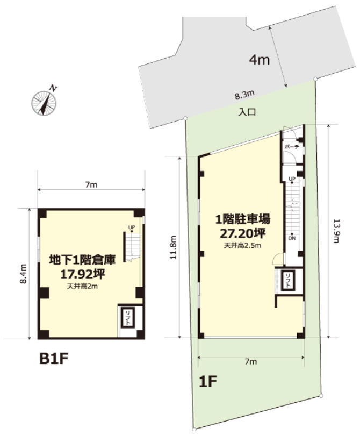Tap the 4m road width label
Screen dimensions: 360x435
(x=260, y=59)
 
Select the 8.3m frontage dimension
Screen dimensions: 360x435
(x=244, y=95)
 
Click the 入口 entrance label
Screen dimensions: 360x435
(x=247, y=112)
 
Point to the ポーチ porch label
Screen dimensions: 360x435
(x=292, y=146)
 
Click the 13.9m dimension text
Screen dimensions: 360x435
(x=336, y=231)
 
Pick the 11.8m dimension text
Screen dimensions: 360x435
(x=173, y=247)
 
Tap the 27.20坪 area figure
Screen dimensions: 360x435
(x=243, y=233)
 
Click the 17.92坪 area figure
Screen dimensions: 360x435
(x=83, y=274)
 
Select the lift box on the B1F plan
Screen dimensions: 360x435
(x=128, y=318)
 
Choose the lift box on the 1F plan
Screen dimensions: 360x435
(x=288, y=281)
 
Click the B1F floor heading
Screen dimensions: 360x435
(x=54, y=359)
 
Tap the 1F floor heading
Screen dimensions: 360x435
(x=208, y=381)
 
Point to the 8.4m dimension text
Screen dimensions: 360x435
(x=23, y=274)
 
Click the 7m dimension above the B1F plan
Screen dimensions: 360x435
(x=91, y=184)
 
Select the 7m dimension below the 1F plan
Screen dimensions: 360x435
(x=251, y=361)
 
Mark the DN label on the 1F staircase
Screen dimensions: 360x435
(x=292, y=238)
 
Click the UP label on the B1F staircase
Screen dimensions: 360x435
(x=132, y=227)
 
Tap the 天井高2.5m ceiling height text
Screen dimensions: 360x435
(x=242, y=245)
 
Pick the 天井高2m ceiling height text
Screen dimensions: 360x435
(x=82, y=286)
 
